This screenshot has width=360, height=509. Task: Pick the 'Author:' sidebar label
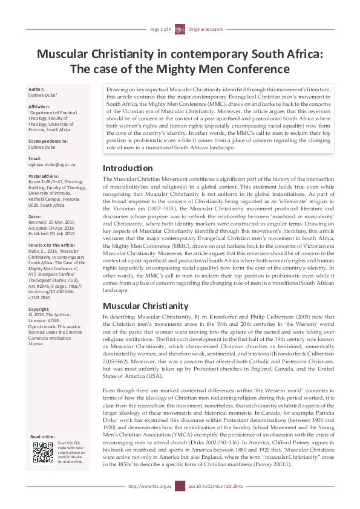click(x=37, y=89)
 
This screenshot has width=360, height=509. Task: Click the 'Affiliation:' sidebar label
click(x=41, y=106)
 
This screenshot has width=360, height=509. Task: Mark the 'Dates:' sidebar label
click(x=36, y=216)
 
